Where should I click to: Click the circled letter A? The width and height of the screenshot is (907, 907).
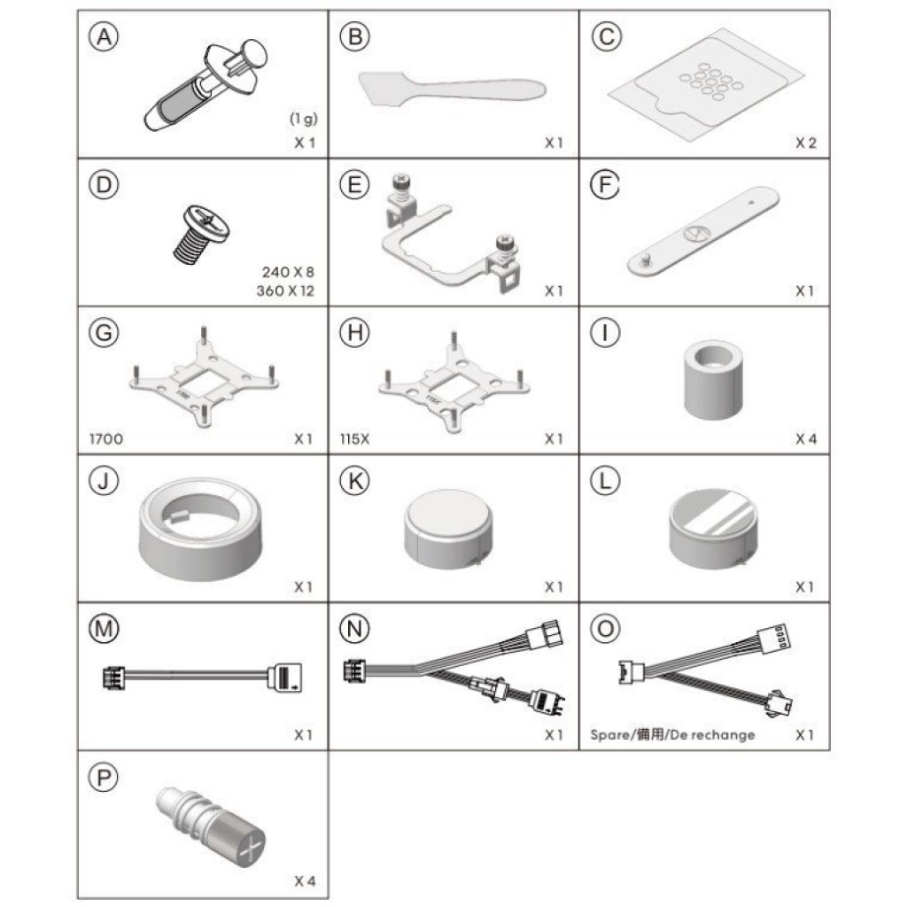tap(104, 36)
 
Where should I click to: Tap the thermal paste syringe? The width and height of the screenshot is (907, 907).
tap(205, 85)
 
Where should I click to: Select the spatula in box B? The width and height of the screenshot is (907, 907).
tap(452, 89)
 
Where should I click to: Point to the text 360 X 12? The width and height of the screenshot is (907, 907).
tap(285, 291)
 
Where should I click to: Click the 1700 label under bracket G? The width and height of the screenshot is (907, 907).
tap(106, 438)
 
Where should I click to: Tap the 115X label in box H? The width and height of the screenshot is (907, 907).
tap(354, 438)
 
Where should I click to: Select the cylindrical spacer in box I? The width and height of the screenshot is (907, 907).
tap(713, 379)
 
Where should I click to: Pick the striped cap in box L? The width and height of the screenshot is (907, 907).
tap(713, 529)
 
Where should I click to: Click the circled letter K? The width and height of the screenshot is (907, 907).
tap(354, 481)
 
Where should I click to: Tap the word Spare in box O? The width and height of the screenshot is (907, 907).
tap(610, 735)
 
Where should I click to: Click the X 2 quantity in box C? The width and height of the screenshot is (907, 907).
tap(806, 143)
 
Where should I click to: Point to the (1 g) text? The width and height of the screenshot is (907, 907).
tap(304, 119)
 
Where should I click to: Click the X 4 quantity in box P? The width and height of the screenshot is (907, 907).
tap(305, 881)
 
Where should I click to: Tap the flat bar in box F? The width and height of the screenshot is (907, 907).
tap(702, 231)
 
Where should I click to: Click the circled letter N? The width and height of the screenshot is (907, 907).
tap(354, 629)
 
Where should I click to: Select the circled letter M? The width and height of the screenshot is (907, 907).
tap(104, 629)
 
